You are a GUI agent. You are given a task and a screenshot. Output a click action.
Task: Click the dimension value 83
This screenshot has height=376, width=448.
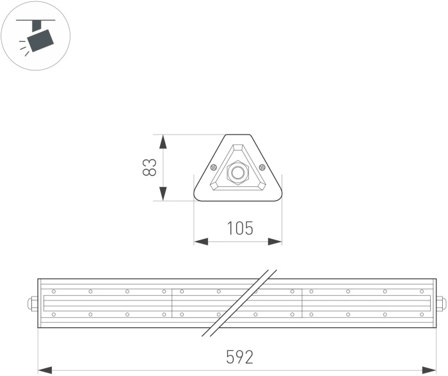click(149, 167)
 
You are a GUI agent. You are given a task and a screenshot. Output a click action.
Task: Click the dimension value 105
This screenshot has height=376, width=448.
click(240, 228)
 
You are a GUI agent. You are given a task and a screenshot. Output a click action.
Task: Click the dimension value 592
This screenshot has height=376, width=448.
click(240, 357)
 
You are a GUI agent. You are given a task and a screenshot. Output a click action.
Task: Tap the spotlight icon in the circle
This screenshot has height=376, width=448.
click(36, 36)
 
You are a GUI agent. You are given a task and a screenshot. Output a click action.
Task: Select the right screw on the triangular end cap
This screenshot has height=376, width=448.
click(262, 167)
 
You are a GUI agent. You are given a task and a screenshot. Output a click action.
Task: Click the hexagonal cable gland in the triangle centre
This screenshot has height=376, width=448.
click(237, 172)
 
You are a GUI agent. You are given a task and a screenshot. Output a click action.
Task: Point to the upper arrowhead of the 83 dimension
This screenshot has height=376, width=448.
click(163, 142)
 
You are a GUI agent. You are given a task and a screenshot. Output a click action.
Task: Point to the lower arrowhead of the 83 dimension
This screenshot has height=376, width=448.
click(163, 193)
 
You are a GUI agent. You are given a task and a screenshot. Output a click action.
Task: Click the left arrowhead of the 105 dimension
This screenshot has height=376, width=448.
click(201, 241)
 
